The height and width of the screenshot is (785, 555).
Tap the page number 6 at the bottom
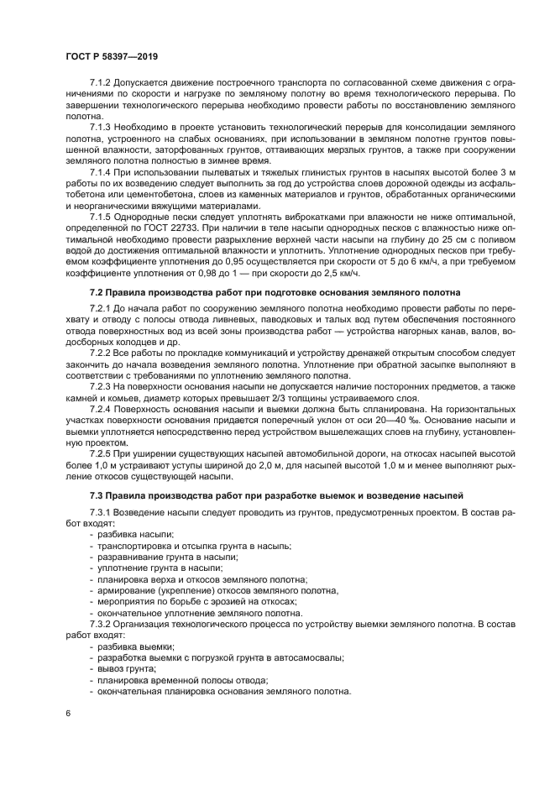click(x=66, y=713)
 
